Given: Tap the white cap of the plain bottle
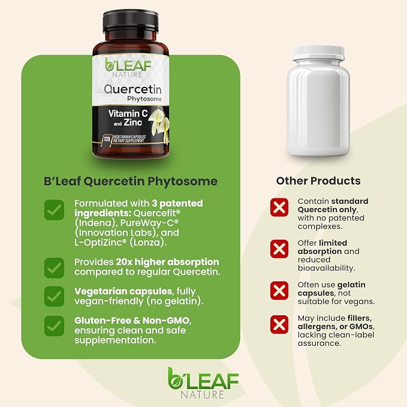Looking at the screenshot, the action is tap(318, 53).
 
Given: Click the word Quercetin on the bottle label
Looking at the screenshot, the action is tap(132, 89).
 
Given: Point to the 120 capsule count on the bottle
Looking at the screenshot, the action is tap(107, 139).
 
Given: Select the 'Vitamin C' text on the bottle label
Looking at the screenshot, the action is tap(128, 113).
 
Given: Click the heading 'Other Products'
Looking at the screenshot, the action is tap(318, 181).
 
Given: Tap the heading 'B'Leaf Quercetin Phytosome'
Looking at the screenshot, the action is tap(131, 181).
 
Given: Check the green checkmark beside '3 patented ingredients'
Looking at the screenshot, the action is tap(54, 210).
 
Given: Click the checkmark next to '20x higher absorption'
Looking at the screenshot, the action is tap(54, 267).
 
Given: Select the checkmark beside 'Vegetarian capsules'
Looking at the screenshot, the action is tap(54, 297).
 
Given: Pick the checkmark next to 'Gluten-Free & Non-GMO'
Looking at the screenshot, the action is tap(54, 326).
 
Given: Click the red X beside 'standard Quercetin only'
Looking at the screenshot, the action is tap(279, 207).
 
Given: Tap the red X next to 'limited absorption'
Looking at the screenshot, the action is tap(279, 249).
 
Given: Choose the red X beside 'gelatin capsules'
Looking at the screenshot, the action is tap(279, 291).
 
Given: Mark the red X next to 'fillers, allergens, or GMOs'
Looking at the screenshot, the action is tap(279, 324).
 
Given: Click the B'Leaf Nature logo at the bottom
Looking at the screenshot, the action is tap(203, 383).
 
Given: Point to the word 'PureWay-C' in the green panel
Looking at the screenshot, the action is tap(149, 223).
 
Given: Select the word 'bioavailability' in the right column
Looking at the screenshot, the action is tap(326, 268).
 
